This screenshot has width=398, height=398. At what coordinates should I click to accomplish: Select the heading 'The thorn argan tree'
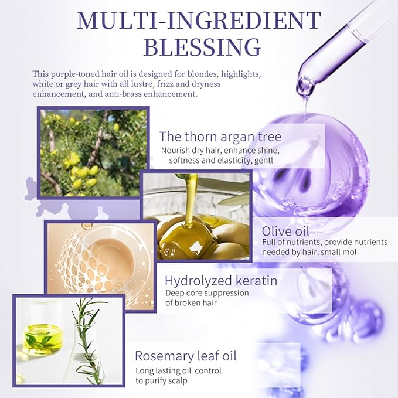tap(220, 137)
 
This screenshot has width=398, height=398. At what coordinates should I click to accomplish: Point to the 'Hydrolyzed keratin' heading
tap(221, 280)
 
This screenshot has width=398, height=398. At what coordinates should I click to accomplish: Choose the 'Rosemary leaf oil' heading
tap(186, 355)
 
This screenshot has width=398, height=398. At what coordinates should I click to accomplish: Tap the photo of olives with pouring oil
tap(196, 217)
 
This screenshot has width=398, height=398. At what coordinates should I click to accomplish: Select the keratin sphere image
tap(94, 258)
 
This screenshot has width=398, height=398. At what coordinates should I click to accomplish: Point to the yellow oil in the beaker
tap(43, 339)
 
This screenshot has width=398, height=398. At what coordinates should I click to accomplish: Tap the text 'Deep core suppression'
tap(207, 292)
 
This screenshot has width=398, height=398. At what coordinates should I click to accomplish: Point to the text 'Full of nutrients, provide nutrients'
tap(324, 242)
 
